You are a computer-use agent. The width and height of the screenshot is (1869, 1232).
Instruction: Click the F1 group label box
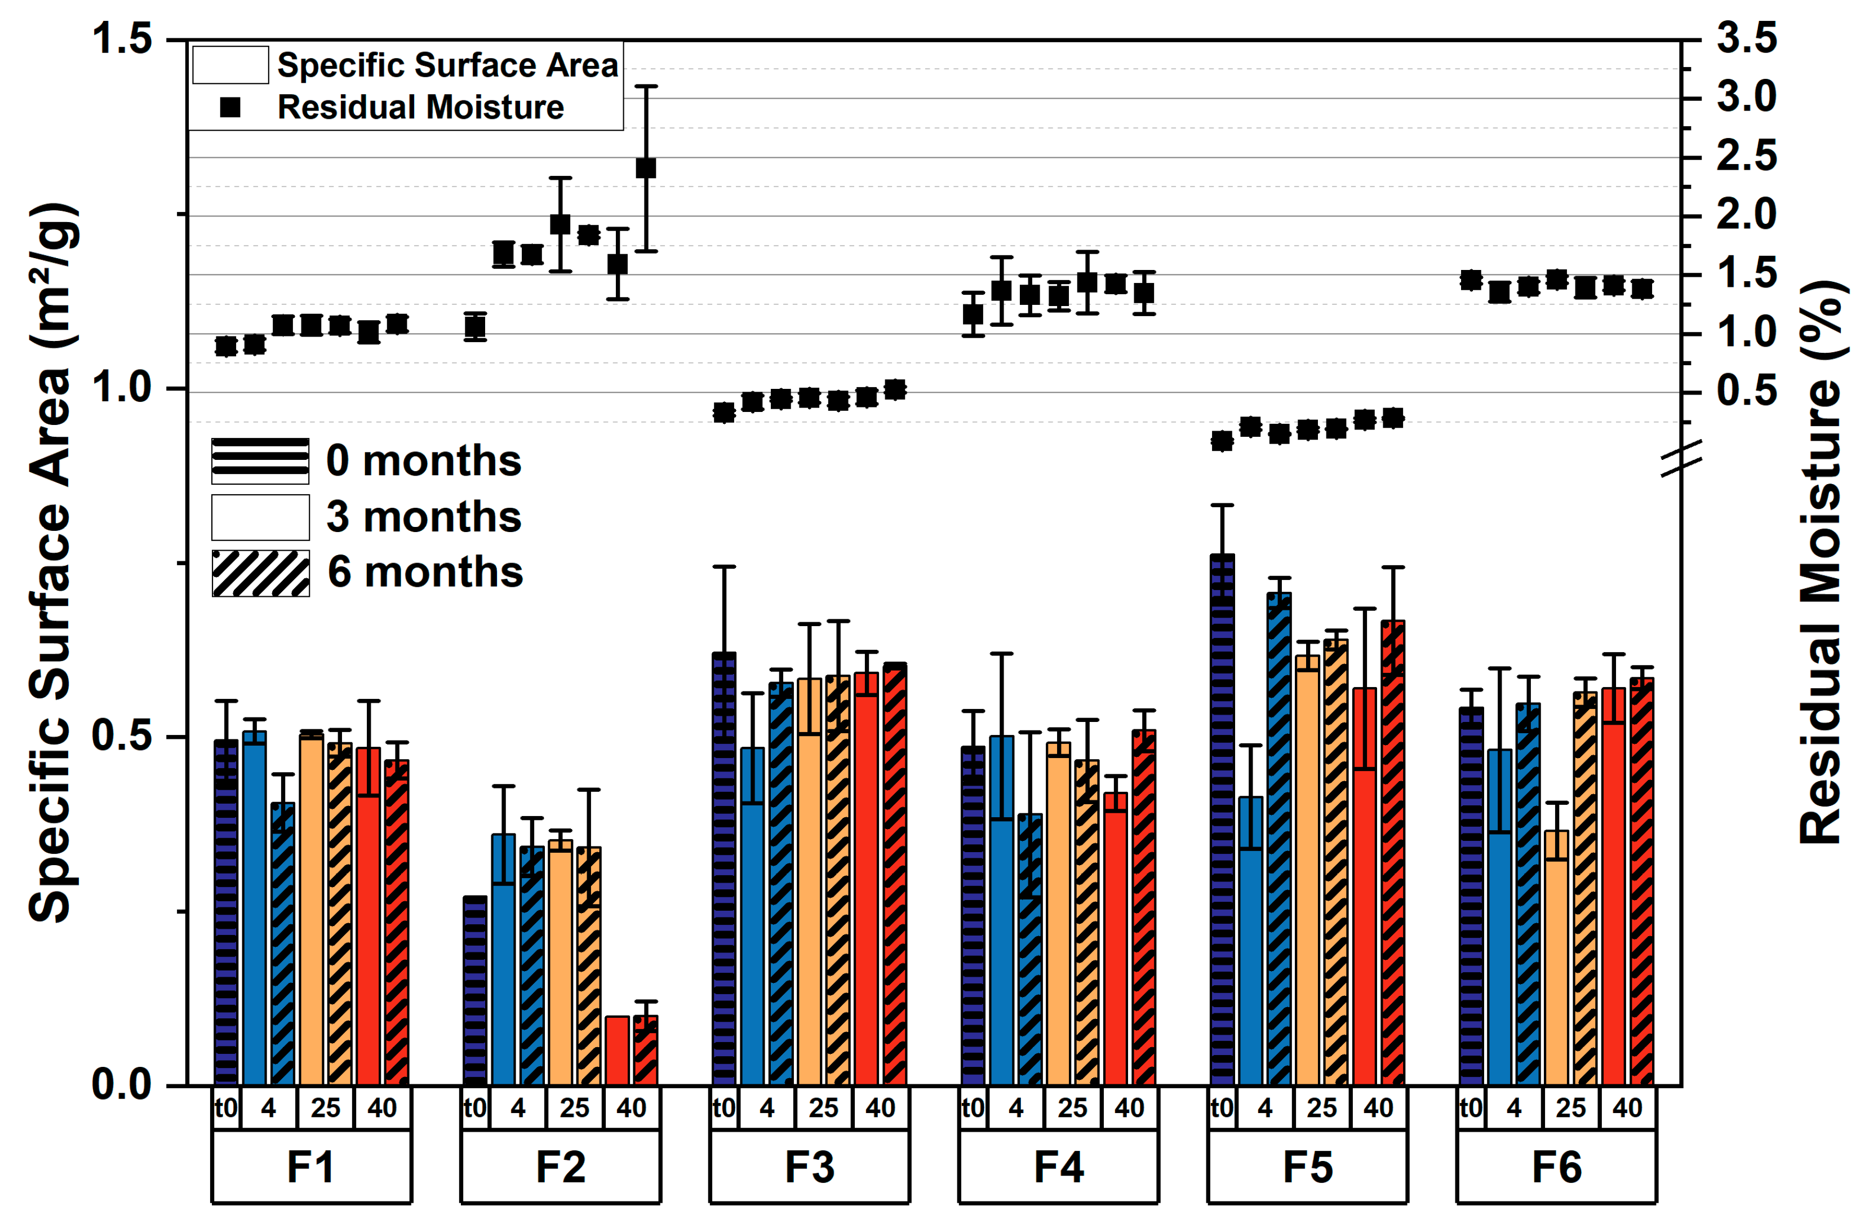pos(311,1166)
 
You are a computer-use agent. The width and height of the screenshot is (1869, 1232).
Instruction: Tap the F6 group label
pos(1556,1166)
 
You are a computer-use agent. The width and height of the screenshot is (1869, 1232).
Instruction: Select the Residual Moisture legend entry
pos(393,107)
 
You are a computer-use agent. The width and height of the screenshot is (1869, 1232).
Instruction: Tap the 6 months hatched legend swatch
pos(261,573)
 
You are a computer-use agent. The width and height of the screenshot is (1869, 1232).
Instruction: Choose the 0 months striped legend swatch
pos(261,460)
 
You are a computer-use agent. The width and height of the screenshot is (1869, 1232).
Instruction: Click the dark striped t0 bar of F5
pos(1222,819)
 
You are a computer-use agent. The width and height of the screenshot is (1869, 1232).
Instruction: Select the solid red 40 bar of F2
pos(617,1051)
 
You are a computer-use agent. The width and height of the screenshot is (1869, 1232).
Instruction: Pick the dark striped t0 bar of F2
pos(475,991)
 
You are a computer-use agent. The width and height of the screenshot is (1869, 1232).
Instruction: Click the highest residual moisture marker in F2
pos(646,168)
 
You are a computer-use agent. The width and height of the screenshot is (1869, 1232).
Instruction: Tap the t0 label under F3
pos(724,1108)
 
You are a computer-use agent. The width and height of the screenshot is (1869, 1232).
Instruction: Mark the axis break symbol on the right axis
pos(1681,457)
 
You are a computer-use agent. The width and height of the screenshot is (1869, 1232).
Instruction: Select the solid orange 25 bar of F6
pos(1556,958)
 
